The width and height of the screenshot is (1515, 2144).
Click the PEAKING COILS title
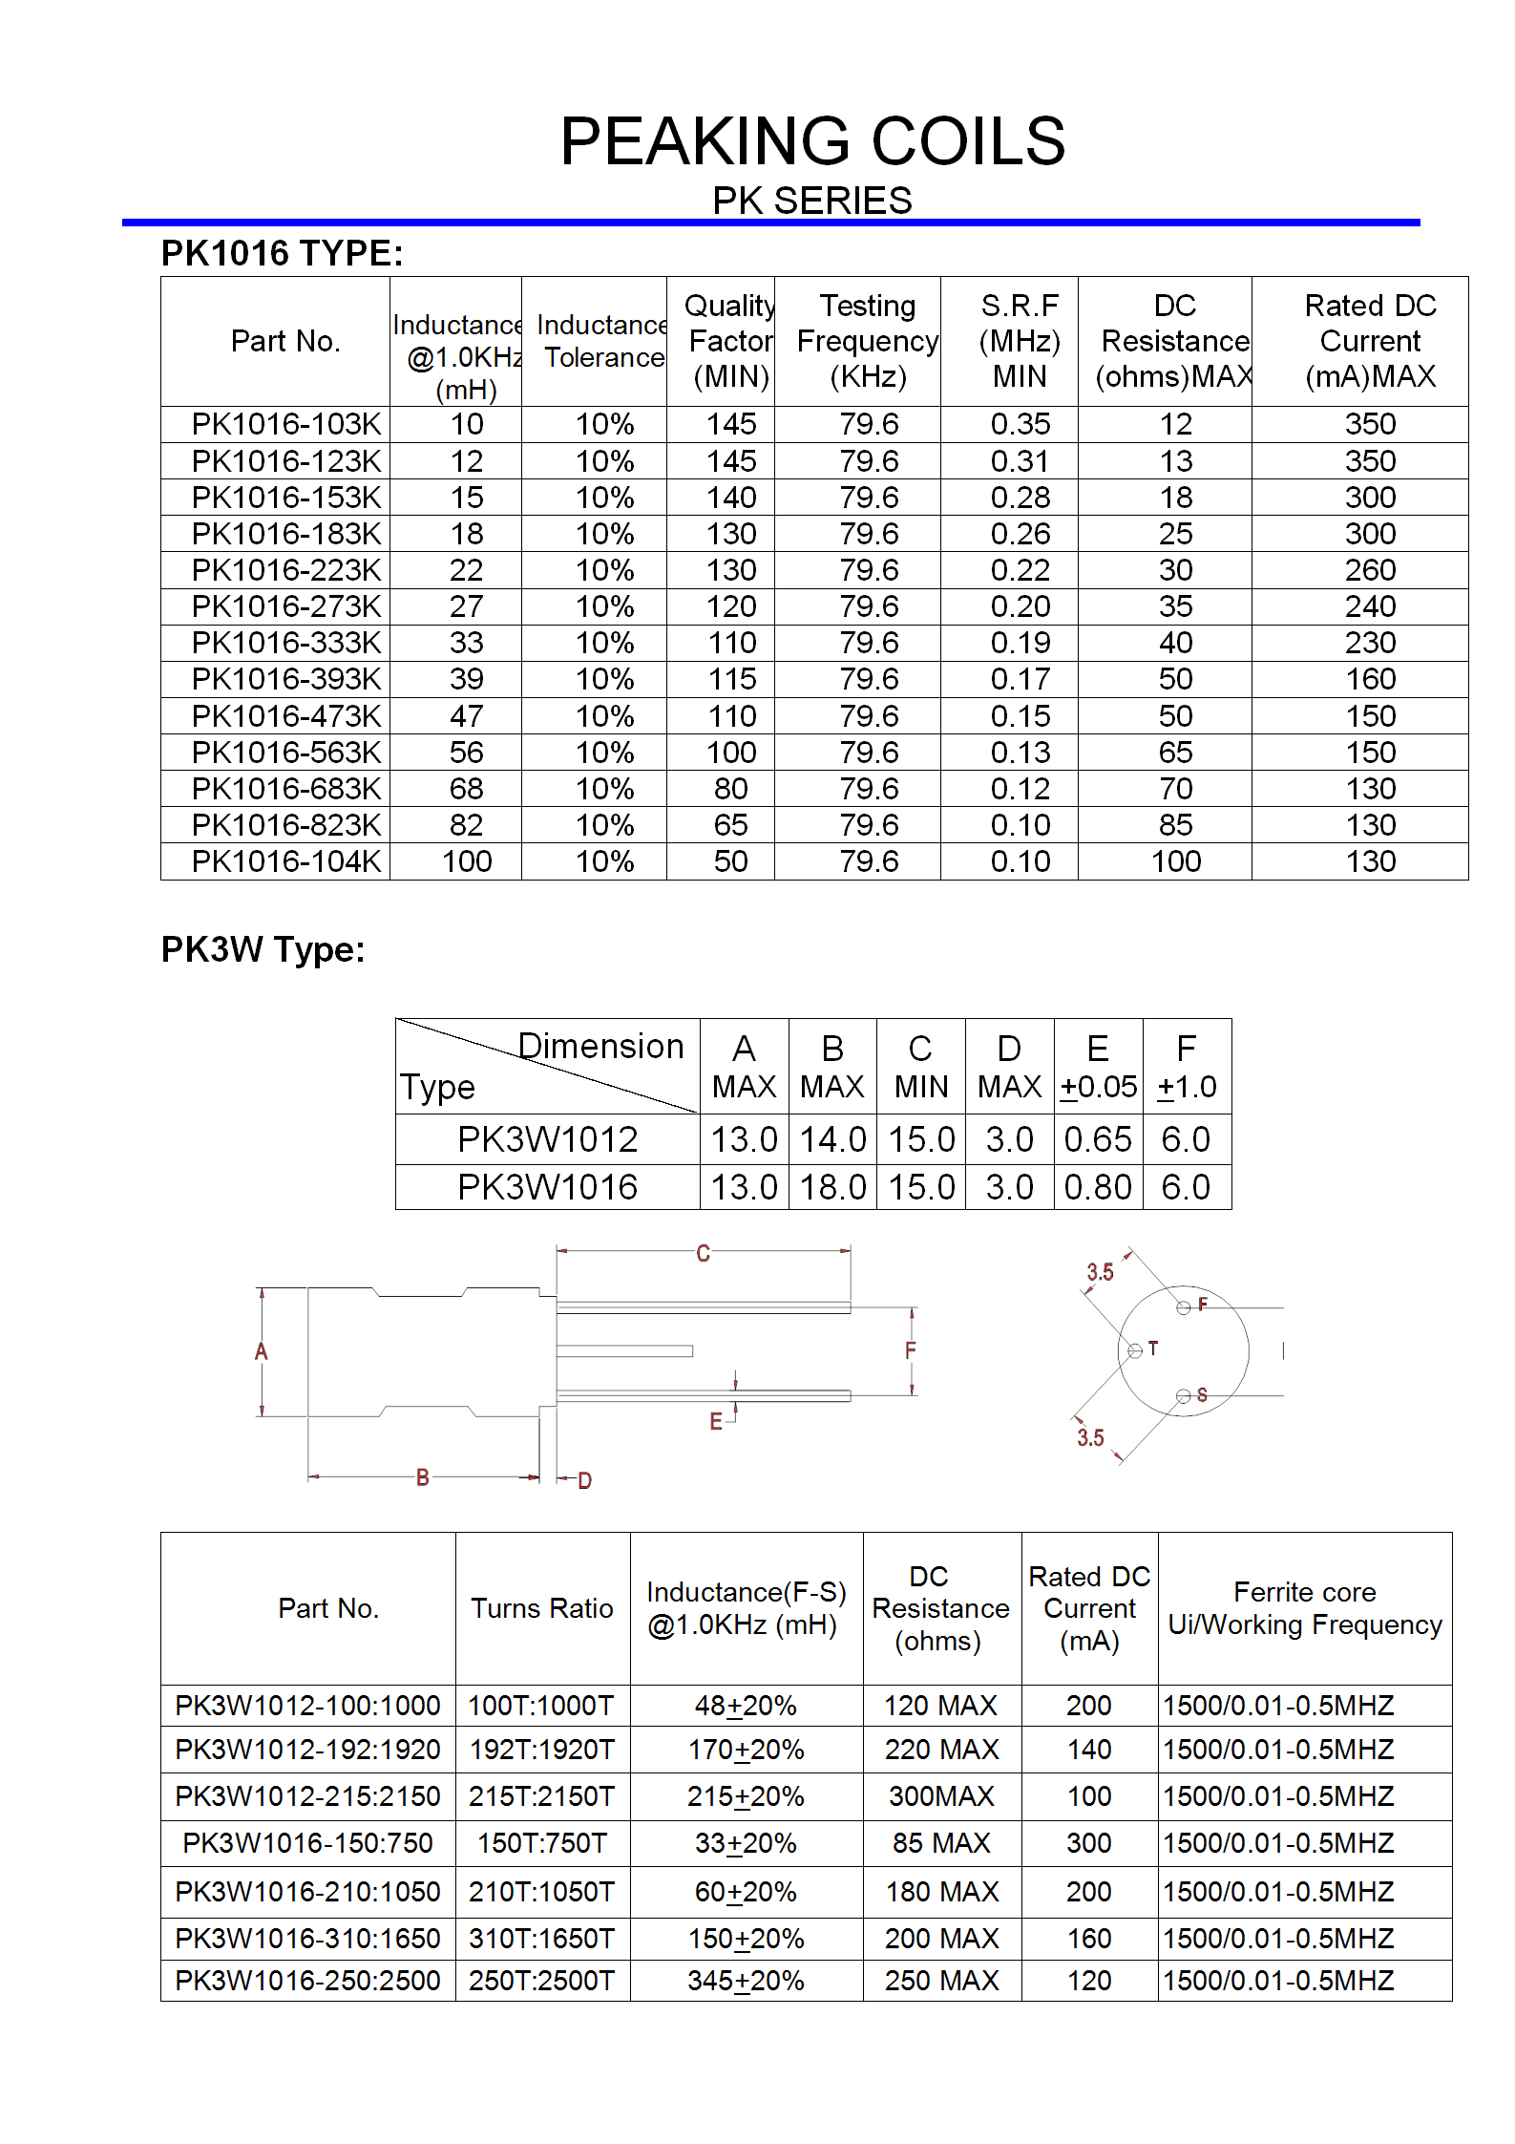click(812, 141)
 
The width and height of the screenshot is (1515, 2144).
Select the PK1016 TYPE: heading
click(282, 253)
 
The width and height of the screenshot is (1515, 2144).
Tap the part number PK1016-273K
click(285, 606)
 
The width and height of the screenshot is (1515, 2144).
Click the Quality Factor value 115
click(731, 679)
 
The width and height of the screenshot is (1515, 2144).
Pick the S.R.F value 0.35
click(1020, 424)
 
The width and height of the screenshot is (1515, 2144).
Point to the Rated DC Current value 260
click(1370, 570)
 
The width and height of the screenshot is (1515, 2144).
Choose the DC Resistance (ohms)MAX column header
click(1174, 341)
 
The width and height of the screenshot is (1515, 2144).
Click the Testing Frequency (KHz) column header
click(867, 341)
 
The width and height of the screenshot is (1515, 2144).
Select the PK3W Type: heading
click(263, 949)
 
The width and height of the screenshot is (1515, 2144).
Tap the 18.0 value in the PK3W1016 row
click(832, 1187)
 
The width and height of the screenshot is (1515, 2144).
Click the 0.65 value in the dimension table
click(1098, 1139)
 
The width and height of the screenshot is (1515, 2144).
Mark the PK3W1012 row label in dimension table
click(547, 1139)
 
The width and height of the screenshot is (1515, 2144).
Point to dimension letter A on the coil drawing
click(261, 1351)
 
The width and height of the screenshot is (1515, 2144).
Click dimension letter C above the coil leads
click(703, 1253)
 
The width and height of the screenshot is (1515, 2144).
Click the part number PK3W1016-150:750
click(307, 1843)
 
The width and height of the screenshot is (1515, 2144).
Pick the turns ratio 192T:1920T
click(541, 1750)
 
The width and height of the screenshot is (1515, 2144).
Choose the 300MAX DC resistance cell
click(941, 1796)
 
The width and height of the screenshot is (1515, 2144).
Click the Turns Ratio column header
click(541, 1608)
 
